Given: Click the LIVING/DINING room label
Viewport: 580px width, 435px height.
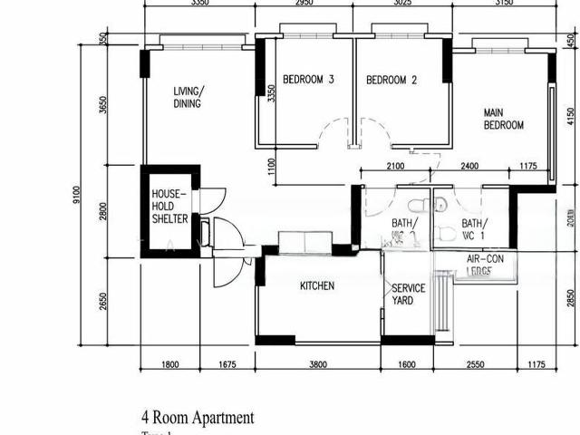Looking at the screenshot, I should [x=188, y=97].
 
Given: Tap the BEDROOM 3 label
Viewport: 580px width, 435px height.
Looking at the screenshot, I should [x=308, y=81].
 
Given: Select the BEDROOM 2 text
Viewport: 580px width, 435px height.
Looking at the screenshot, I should [x=391, y=81].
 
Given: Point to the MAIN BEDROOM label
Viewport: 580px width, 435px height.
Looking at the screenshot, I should [x=503, y=119].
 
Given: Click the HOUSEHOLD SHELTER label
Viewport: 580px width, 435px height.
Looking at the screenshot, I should [x=169, y=207].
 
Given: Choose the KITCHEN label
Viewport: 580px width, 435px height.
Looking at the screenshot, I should [x=317, y=286].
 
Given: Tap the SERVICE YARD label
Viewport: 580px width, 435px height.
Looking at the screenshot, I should [x=408, y=295].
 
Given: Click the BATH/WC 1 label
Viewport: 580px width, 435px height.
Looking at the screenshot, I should [x=473, y=230].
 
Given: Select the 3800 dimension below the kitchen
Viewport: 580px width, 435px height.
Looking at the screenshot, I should [x=317, y=365].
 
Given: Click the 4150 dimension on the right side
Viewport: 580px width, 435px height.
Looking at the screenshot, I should [x=570, y=118].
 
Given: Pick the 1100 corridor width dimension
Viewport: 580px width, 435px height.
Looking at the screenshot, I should [x=271, y=167].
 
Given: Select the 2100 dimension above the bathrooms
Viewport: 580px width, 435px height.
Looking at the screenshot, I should [x=395, y=166].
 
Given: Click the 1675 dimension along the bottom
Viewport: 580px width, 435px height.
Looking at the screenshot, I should [x=227, y=365].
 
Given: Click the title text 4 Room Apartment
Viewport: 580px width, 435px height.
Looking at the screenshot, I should [x=198, y=418].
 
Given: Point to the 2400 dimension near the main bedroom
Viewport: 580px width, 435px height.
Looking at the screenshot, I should [x=469, y=166].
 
